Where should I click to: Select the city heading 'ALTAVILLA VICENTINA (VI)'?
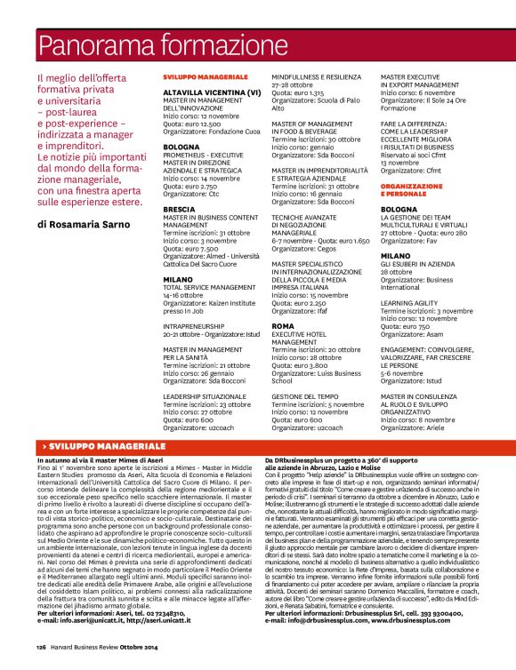tap(211, 92)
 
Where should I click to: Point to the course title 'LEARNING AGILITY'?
tap(408, 302)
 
